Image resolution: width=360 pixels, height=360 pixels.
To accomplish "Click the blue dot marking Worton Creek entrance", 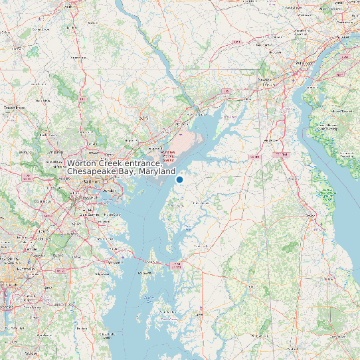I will click(179, 179).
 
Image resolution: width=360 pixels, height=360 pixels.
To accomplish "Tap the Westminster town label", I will click(15, 106).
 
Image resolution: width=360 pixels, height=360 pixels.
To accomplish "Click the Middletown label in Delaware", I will click(271, 141).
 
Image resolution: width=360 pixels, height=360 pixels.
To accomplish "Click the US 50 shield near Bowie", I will click(60, 271).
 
